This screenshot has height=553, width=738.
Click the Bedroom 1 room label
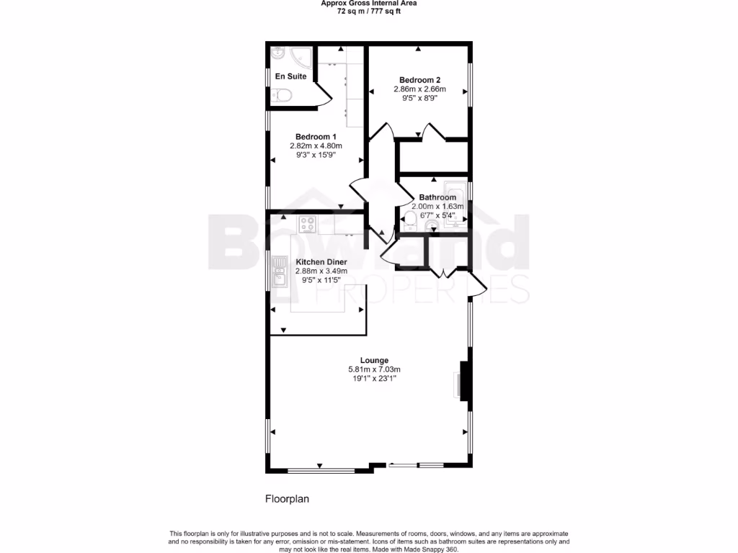tap(316, 137)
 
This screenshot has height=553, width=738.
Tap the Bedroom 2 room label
tap(419, 80)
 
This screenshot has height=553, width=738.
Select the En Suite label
tap(290, 76)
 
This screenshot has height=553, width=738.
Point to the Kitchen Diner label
tap(321, 261)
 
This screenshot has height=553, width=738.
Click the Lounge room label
tap(374, 360)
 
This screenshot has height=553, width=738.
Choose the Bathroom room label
tap(437, 197)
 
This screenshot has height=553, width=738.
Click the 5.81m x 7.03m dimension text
tap(374, 370)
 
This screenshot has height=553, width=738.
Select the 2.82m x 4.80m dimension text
tap(316, 146)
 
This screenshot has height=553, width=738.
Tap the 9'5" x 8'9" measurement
tap(419, 99)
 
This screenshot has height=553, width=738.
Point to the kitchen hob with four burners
tap(307, 225)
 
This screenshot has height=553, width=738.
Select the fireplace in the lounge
tap(463, 380)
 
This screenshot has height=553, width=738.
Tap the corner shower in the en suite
tap(281, 55)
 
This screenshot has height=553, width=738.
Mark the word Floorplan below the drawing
tap(287, 498)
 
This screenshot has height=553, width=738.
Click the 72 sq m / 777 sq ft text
tap(368, 11)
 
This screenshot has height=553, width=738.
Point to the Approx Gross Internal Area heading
tap(368, 3)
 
